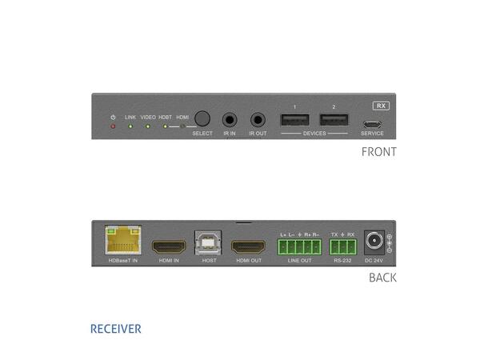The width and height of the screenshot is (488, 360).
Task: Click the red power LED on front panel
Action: [x=114, y=126]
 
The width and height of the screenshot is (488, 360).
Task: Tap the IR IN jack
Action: [x=230, y=121]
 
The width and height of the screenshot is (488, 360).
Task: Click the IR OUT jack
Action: [x=258, y=121]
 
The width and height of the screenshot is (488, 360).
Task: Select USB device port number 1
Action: [x=294, y=121]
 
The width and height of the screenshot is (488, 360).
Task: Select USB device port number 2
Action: [x=334, y=121]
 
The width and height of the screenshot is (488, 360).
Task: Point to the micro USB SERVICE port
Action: [x=372, y=124]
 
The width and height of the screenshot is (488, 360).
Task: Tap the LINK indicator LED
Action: [x=130, y=126]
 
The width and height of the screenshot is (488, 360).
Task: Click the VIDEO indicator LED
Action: [x=148, y=126]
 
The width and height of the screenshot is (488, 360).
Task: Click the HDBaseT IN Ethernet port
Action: [x=122, y=241]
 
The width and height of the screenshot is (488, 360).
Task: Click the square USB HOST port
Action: [x=208, y=243]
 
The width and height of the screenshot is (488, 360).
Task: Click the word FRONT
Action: [x=378, y=151]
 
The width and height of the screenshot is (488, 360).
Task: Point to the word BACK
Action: [x=382, y=278]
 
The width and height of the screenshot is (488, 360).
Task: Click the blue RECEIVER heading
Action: [x=115, y=329]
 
